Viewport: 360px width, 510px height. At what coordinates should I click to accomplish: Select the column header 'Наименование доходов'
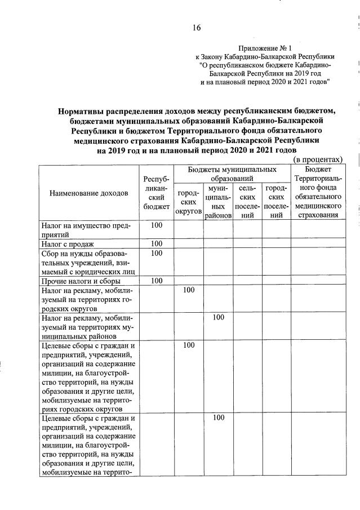click(88, 193)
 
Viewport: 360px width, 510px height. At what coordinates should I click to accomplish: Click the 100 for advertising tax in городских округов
click(188, 290)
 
